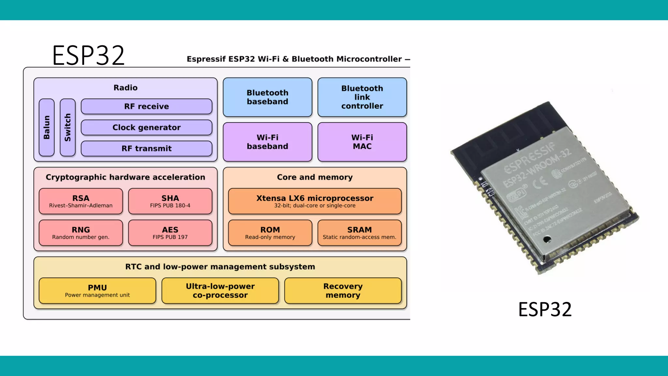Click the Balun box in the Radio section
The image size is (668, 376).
tap(47, 127)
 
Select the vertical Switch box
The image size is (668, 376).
tap(68, 127)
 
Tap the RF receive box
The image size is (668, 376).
tap(146, 106)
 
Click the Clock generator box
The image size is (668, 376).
tap(146, 127)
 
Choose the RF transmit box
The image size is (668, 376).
tap(146, 149)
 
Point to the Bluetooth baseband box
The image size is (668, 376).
tap(267, 97)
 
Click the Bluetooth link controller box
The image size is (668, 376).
tap(362, 97)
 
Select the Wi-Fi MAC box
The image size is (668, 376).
tap(362, 142)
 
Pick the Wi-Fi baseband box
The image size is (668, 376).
tap(267, 142)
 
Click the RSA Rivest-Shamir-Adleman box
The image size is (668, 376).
tap(81, 201)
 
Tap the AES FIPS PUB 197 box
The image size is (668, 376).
tap(170, 233)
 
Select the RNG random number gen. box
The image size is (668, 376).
tap(81, 233)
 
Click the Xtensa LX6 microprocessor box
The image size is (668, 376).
tap(315, 201)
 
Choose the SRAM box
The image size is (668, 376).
tap(359, 233)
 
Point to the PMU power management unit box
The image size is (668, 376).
tap(97, 290)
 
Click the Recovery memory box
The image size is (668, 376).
tap(343, 290)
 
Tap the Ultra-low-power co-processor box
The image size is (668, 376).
tap(220, 290)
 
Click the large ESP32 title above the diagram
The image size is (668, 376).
tap(88, 55)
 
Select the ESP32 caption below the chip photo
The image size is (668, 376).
tap(545, 309)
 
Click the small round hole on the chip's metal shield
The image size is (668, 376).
tap(547, 240)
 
